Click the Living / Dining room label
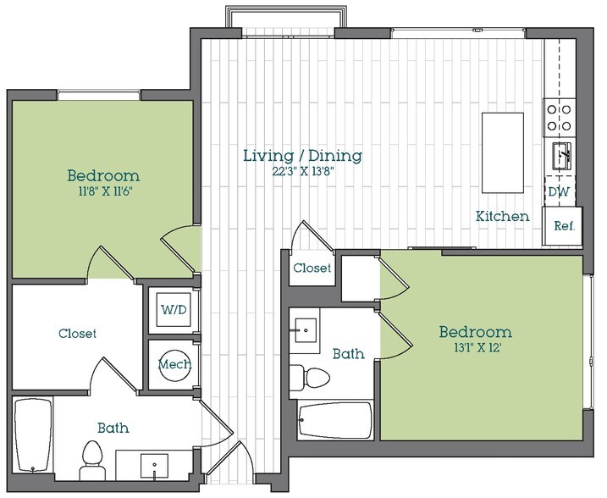(302, 156)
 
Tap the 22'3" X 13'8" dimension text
(302, 172)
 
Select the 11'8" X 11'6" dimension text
(103, 191)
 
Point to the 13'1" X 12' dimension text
(474, 346)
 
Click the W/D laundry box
(175, 310)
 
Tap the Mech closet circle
(174, 365)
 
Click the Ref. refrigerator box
(565, 226)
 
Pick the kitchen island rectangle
(503, 152)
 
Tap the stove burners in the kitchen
(560, 117)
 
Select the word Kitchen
(502, 217)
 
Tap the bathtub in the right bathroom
(335, 419)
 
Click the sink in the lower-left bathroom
(153, 465)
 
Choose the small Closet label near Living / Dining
(311, 268)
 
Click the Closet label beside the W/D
(77, 334)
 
